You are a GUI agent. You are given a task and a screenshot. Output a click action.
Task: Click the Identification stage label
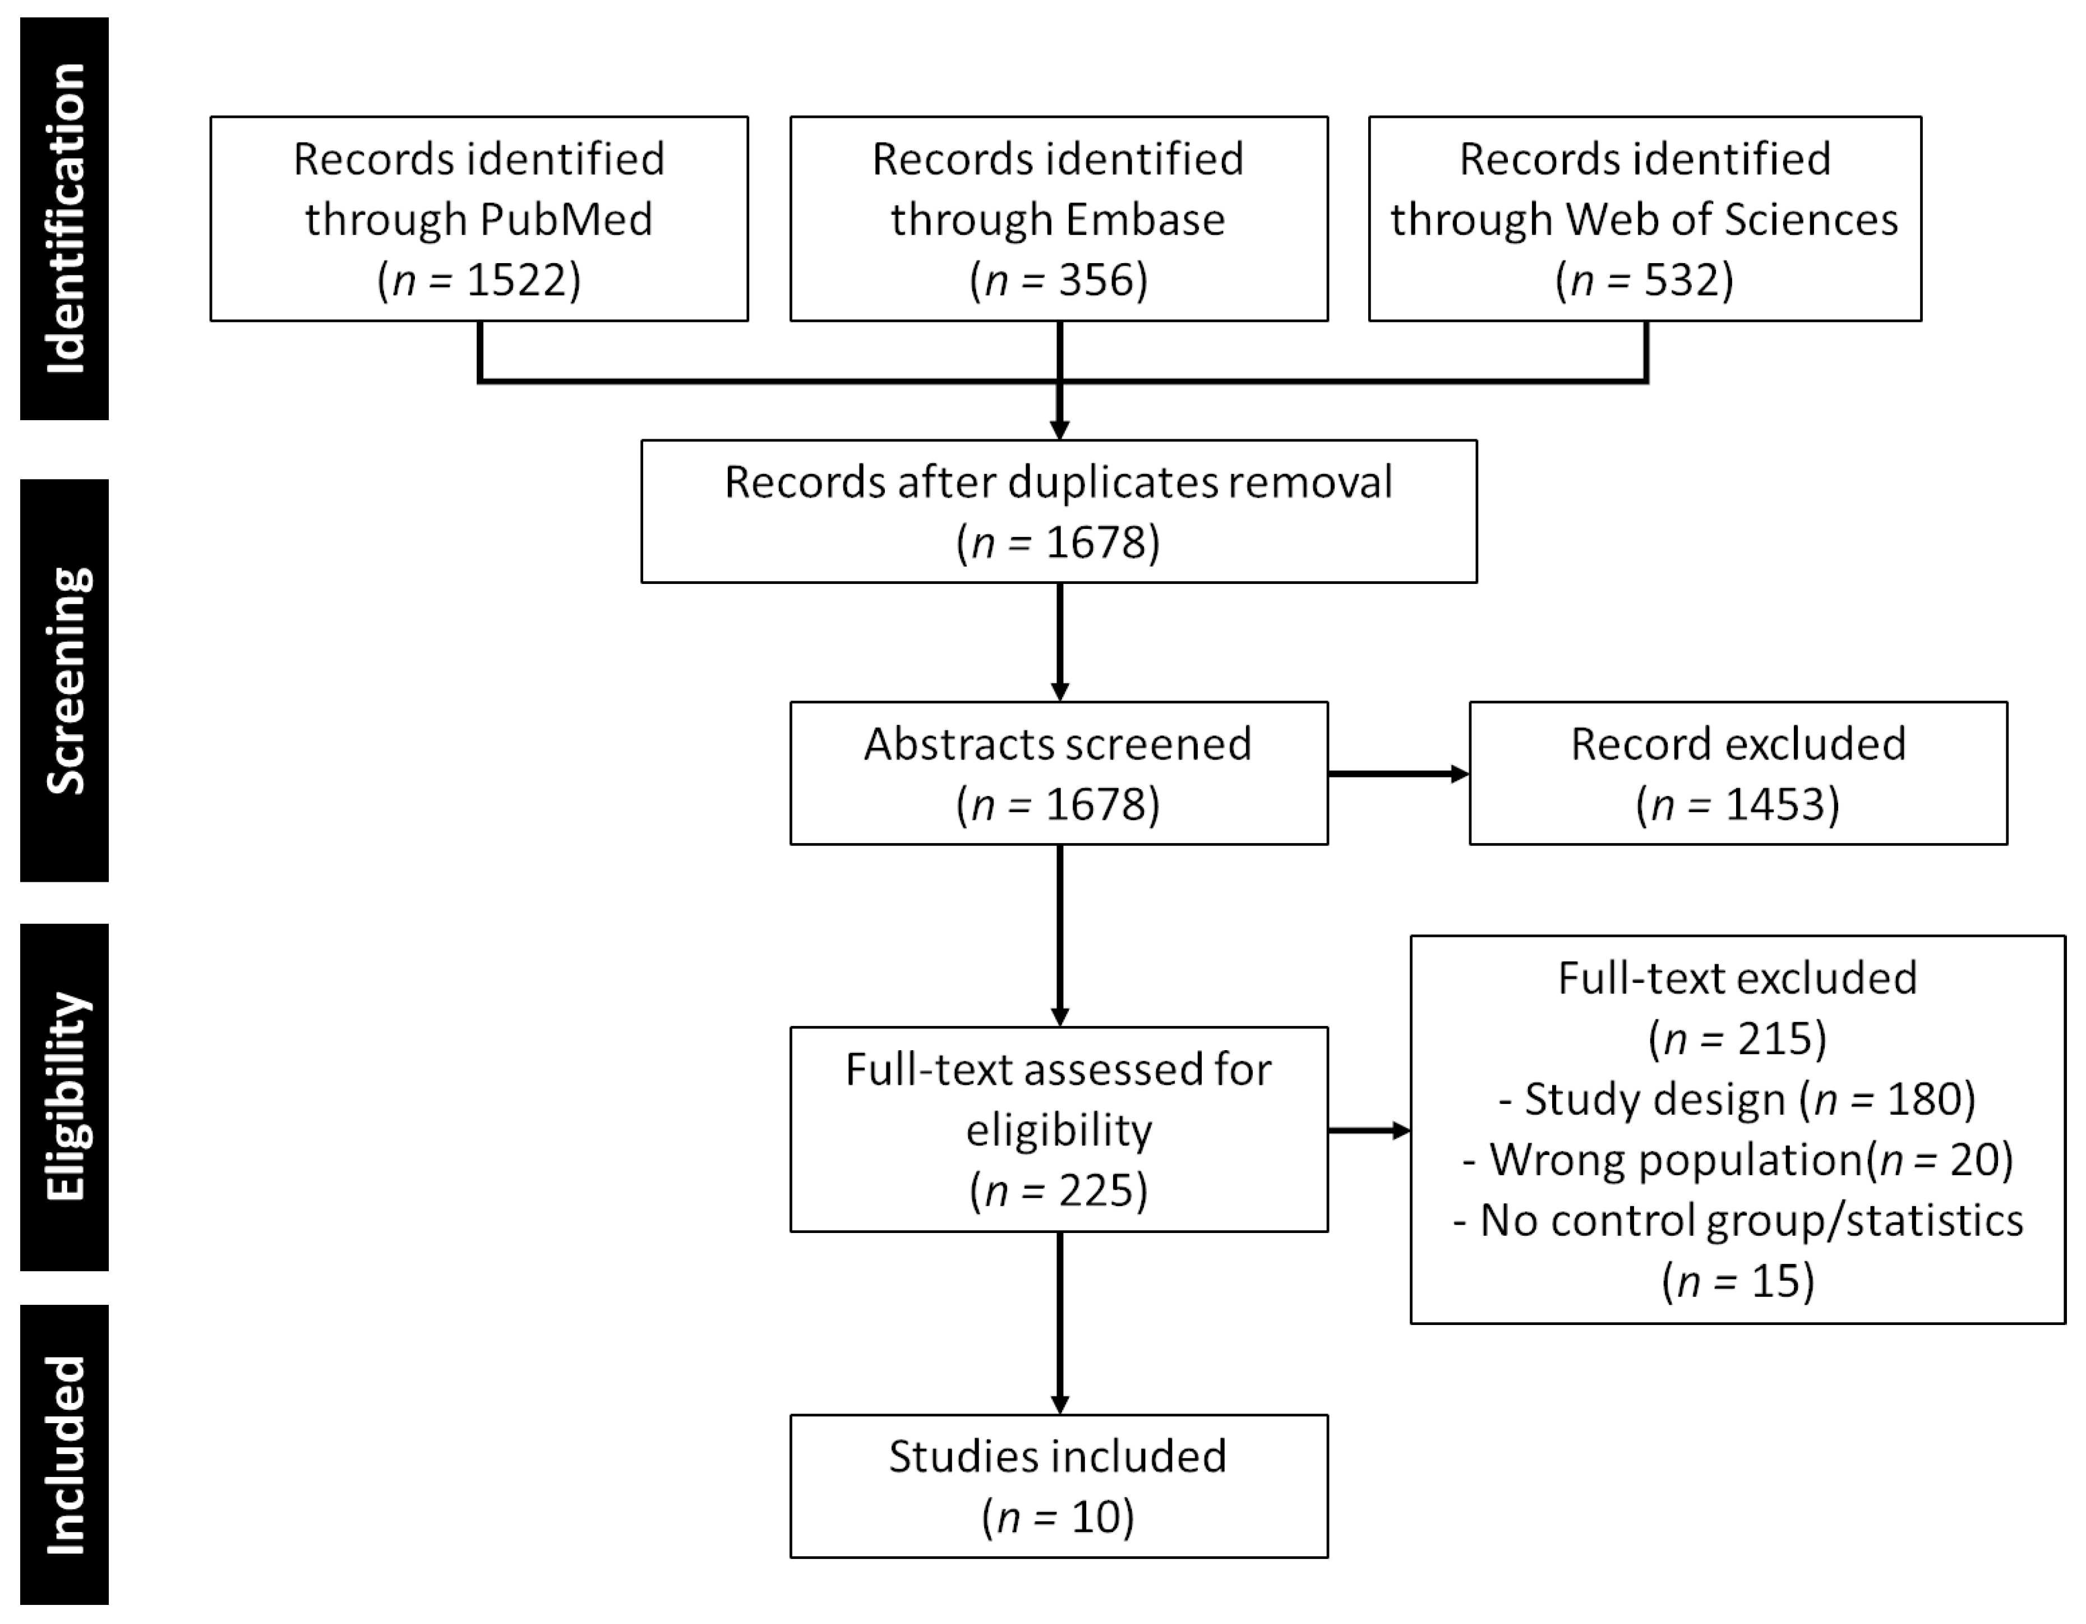coord(65,219)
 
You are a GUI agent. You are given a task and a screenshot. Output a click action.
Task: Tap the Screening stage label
coord(65,680)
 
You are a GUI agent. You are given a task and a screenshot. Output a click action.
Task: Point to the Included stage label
coord(65,1454)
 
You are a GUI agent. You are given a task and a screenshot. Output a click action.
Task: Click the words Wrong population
coord(1676,1160)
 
